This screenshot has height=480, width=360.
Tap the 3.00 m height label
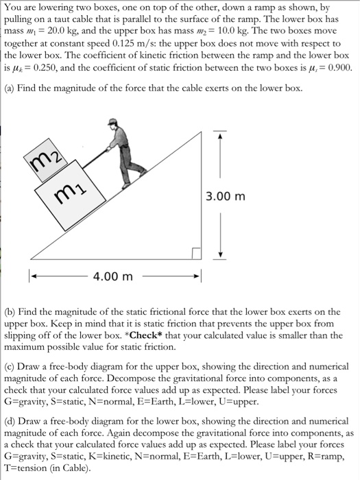coord(225,196)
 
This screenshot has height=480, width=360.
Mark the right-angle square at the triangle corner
coord(197,254)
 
